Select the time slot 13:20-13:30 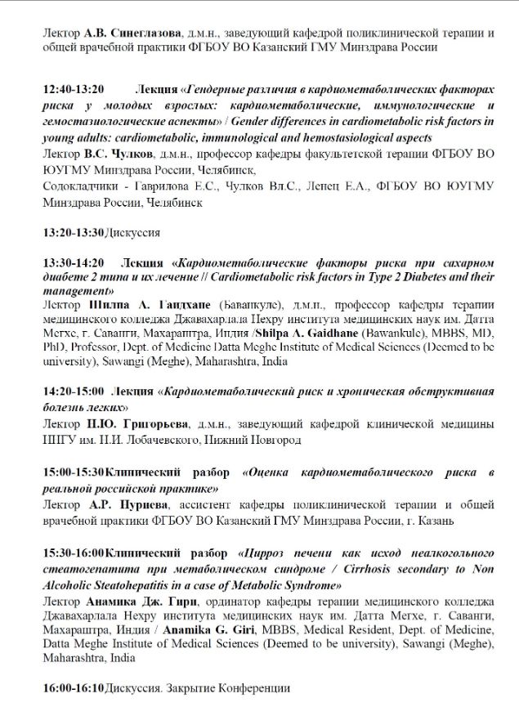click(x=74, y=233)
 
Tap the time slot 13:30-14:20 click(x=74, y=262)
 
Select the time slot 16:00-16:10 click(x=74, y=688)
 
